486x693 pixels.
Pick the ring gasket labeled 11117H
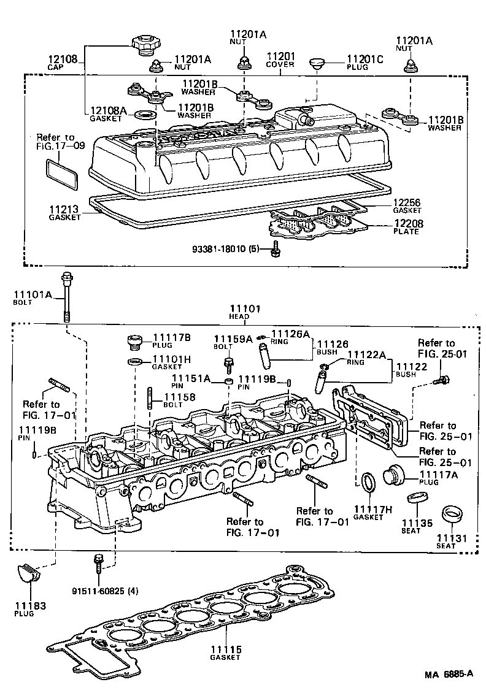(368, 482)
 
